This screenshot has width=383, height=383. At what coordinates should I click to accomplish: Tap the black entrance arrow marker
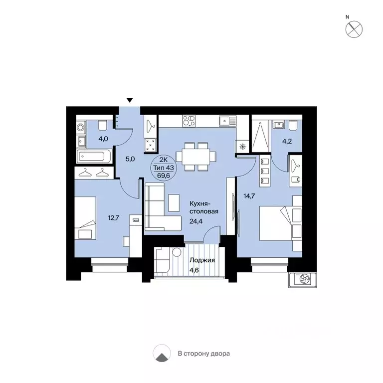click(x=130, y=101)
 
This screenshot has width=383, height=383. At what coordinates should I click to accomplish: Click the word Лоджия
click(x=202, y=260)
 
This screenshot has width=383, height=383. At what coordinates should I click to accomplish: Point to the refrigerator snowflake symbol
click(x=242, y=147)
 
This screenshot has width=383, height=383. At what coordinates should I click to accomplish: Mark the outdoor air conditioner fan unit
click(x=303, y=280)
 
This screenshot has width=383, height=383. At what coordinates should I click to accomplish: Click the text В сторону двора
click(x=204, y=354)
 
